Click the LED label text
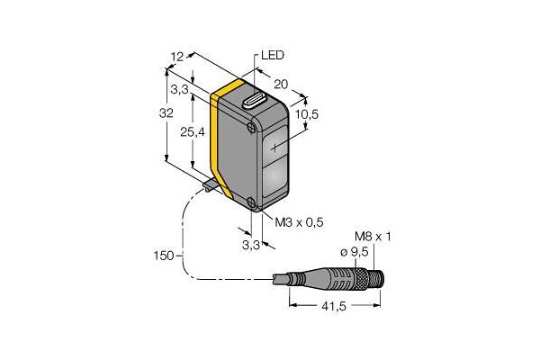(x=273, y=55)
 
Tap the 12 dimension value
(x=177, y=57)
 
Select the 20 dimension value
(x=281, y=84)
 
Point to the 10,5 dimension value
(x=307, y=114)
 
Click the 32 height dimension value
(x=166, y=113)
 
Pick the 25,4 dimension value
(x=193, y=132)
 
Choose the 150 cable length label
(x=164, y=256)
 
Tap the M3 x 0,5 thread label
(x=299, y=222)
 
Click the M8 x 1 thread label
(x=373, y=237)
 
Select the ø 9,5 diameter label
(x=355, y=252)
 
